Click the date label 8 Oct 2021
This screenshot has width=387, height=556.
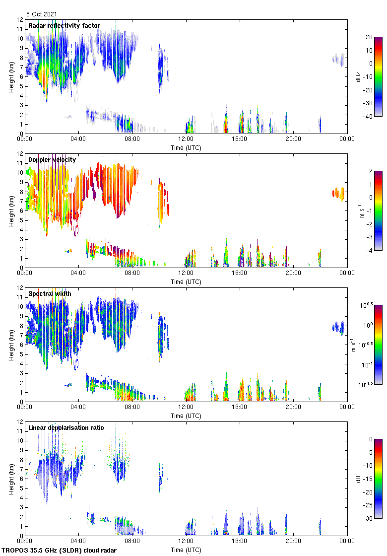point(41,14)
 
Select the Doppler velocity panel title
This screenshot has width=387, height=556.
point(52,160)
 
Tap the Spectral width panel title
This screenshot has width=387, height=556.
point(50,294)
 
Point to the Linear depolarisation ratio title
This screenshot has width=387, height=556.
point(66,428)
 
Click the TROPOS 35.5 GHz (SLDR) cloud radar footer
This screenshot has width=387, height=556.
point(60,551)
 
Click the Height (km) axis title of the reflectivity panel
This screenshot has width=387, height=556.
point(11,76)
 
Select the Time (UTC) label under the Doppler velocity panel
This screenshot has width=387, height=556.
point(186,281)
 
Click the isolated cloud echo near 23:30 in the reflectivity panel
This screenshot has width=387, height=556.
point(338,60)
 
